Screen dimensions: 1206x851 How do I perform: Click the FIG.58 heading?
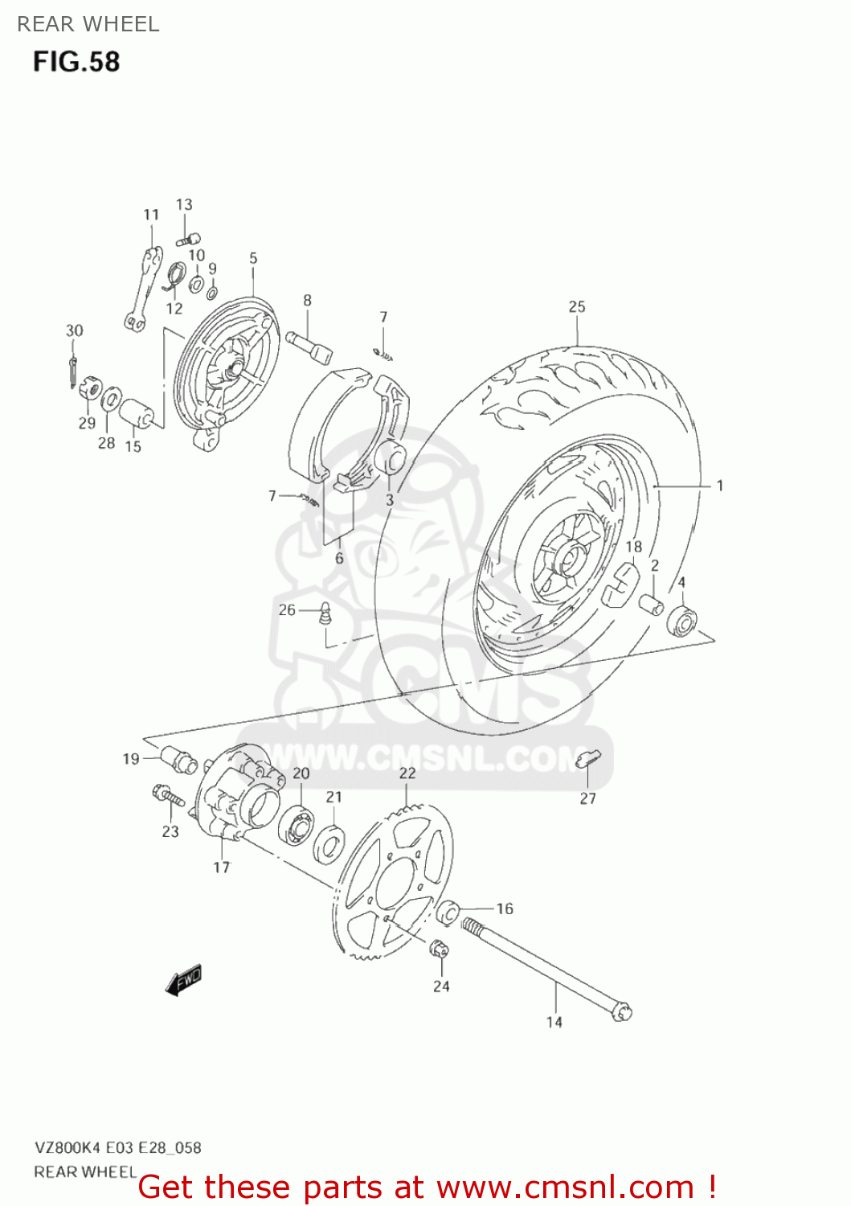(76, 62)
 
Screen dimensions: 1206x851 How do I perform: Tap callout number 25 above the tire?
(577, 306)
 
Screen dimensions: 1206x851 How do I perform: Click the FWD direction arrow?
(183, 980)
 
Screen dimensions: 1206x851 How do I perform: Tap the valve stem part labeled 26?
(325, 613)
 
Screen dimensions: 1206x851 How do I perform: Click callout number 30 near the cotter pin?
(74, 330)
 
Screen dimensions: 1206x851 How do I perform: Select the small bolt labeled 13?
(190, 239)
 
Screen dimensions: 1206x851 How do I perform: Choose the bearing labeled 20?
(296, 821)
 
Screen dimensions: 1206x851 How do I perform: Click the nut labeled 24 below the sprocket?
(440, 949)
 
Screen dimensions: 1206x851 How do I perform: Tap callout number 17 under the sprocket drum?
(222, 867)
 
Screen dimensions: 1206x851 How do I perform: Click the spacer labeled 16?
(448, 912)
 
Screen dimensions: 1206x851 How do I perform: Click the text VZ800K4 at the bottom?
(67, 1147)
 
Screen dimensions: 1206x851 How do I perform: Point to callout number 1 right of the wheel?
(720, 485)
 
